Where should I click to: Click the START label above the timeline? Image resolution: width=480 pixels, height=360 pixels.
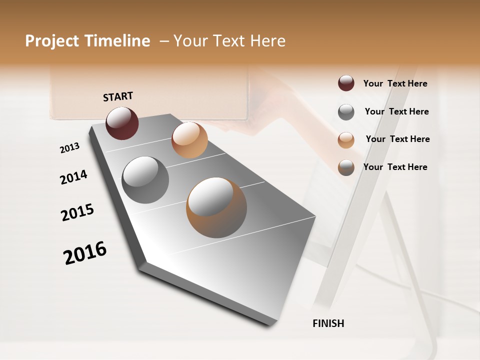(x=118, y=96)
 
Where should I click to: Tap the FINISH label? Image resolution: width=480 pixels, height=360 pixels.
(x=328, y=323)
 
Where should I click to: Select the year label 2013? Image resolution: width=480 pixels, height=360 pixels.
(x=69, y=148)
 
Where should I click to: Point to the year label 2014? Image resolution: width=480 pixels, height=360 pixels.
(x=73, y=177)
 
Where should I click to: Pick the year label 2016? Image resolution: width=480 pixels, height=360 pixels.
(x=85, y=253)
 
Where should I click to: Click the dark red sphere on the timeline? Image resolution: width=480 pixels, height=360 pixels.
(x=122, y=123)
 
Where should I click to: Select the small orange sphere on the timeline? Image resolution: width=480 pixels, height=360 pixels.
(x=189, y=140)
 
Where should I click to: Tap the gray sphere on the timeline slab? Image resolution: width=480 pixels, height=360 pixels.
(x=145, y=180)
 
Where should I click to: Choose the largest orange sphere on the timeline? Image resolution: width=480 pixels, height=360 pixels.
(x=216, y=207)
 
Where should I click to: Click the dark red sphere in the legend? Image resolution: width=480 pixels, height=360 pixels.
(x=346, y=83)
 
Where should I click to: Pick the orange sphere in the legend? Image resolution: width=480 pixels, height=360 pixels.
(x=346, y=140)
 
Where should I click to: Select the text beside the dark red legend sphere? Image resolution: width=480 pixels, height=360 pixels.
(x=395, y=83)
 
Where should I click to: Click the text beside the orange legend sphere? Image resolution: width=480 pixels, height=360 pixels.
(x=397, y=139)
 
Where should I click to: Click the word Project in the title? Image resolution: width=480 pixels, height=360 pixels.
(x=52, y=41)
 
